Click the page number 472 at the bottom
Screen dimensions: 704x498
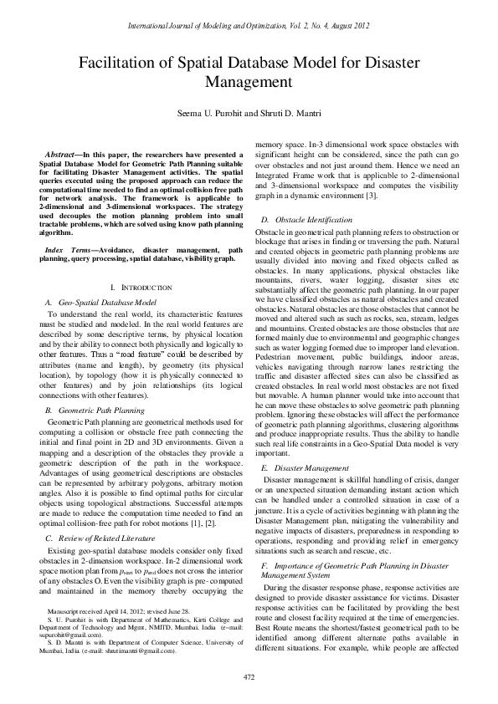pyautogui.click(x=249, y=676)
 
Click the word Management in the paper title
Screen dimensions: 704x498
pyautogui.click(x=249, y=83)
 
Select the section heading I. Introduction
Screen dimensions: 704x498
pyautogui.click(x=141, y=287)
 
